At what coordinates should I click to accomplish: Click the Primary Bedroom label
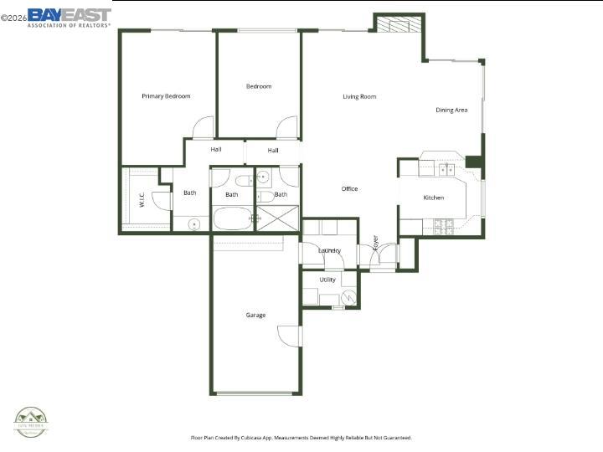click(166, 96)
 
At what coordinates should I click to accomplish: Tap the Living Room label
click(359, 97)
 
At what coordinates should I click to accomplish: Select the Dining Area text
click(451, 110)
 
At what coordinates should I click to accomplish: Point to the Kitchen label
click(433, 198)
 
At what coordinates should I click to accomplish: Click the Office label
click(349, 188)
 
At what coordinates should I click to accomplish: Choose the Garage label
click(255, 316)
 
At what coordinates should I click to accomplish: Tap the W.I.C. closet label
click(142, 200)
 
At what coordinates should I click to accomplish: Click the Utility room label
click(327, 280)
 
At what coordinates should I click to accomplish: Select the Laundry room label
click(329, 250)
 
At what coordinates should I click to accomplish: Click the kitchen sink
click(446, 170)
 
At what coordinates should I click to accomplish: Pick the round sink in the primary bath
click(193, 223)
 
